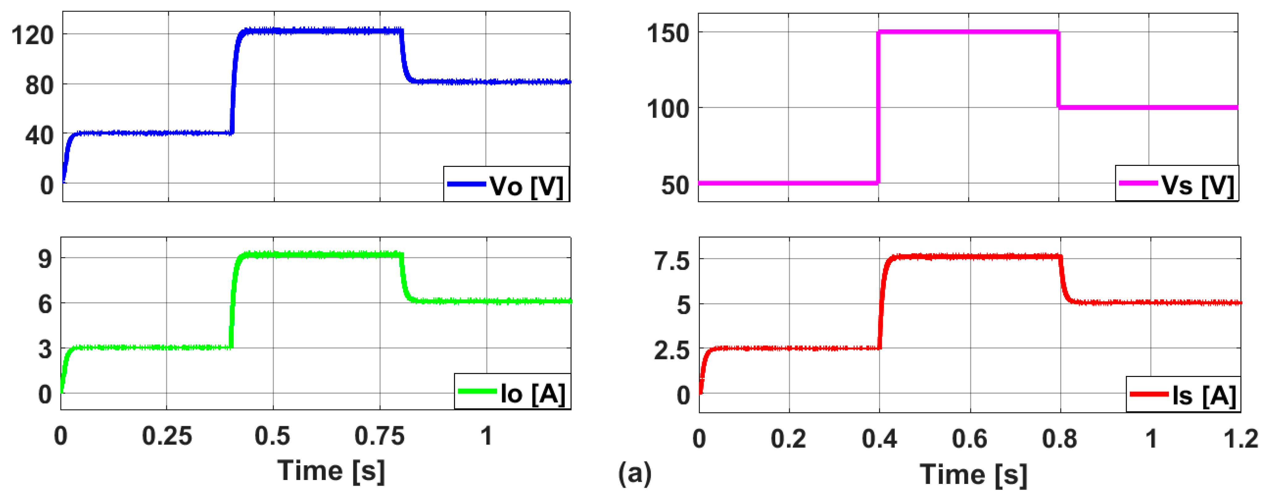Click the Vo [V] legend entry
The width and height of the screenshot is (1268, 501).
(x=506, y=185)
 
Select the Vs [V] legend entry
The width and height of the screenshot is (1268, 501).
(x=1177, y=184)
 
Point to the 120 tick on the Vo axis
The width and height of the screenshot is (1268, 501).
(x=32, y=36)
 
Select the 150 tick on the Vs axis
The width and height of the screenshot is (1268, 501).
(x=668, y=33)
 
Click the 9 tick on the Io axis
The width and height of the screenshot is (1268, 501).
(x=45, y=258)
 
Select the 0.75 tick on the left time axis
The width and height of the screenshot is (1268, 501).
(x=380, y=436)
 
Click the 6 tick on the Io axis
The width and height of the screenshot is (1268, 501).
(x=45, y=304)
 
